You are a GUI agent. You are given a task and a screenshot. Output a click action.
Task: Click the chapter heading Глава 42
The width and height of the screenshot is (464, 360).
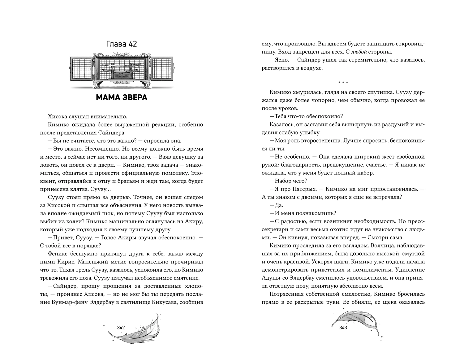pyautogui.click(x=121, y=44)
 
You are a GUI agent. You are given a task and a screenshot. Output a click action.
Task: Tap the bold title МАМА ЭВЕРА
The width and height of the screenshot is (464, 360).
pyautogui.click(x=121, y=98)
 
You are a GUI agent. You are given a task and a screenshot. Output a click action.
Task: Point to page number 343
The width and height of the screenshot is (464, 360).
pyautogui.click(x=343, y=328)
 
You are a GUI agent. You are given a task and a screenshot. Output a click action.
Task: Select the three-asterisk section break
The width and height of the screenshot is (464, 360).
pyautogui.click(x=343, y=83)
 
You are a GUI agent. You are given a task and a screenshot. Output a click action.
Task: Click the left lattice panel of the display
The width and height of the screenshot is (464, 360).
pyautogui.click(x=81, y=71)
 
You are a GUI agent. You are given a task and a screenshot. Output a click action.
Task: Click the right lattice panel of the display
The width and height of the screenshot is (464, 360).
pyautogui.click(x=162, y=71)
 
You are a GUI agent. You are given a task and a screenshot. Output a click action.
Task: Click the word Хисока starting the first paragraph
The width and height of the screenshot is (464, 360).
pyautogui.click(x=59, y=117)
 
